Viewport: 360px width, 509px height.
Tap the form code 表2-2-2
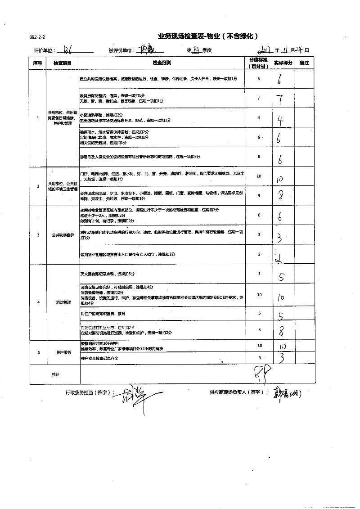click(37, 37)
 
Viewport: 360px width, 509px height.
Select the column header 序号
click(37, 63)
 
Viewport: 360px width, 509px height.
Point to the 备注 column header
click(304, 63)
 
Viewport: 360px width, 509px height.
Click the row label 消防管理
click(63, 302)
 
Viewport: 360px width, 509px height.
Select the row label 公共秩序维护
click(63, 235)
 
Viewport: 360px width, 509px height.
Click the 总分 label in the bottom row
click(55, 374)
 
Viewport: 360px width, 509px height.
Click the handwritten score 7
click(280, 99)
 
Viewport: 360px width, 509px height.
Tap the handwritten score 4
click(280, 120)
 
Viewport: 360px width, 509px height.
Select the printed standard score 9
click(259, 195)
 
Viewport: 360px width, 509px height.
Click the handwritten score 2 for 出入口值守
click(279, 256)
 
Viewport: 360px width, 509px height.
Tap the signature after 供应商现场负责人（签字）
click(287, 393)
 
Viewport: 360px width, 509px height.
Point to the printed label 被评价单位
click(121, 50)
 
